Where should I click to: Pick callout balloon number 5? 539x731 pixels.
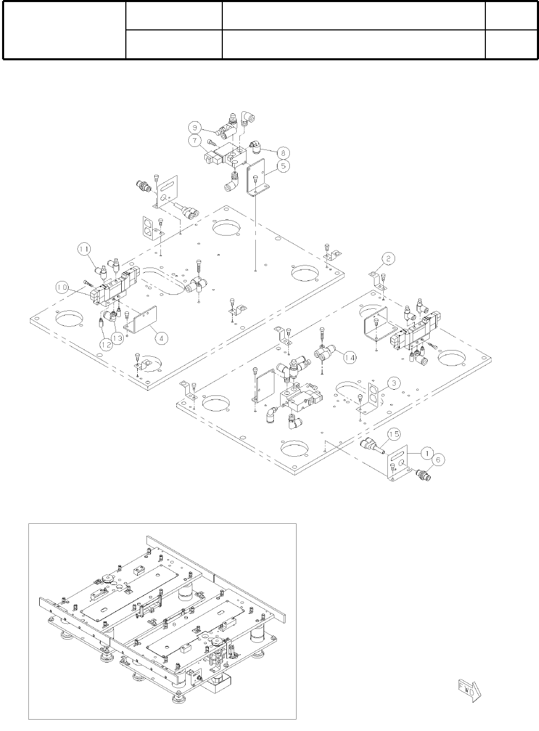click(282, 165)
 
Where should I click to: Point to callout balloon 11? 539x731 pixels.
click(84, 249)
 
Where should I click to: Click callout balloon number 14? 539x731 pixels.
click(350, 357)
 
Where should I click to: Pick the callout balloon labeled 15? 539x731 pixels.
click(394, 435)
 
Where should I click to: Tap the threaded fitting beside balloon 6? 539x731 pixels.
click(425, 473)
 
